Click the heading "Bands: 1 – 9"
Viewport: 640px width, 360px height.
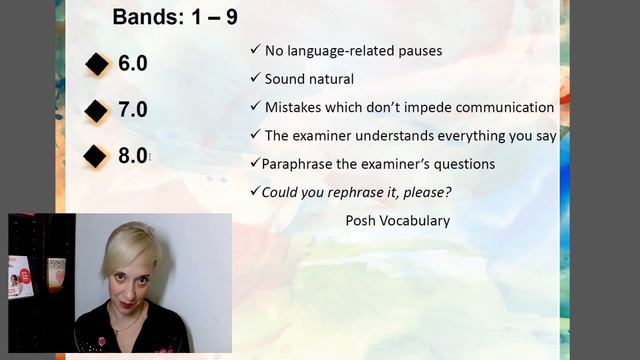(175, 17)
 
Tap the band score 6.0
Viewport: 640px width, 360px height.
(132, 64)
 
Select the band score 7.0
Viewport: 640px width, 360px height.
(132, 109)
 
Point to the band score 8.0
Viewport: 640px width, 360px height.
(132, 155)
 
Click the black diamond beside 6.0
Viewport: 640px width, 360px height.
(97, 65)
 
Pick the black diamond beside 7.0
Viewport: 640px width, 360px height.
(97, 110)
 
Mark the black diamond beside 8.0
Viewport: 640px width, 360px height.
(97, 156)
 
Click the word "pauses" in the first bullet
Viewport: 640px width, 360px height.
(420, 50)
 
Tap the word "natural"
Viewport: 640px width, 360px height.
(331, 78)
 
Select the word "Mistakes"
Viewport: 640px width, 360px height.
(295, 107)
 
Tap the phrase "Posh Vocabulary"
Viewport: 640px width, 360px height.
(397, 220)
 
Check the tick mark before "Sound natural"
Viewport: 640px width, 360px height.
(255, 78)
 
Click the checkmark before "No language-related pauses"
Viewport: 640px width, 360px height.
(255, 50)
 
